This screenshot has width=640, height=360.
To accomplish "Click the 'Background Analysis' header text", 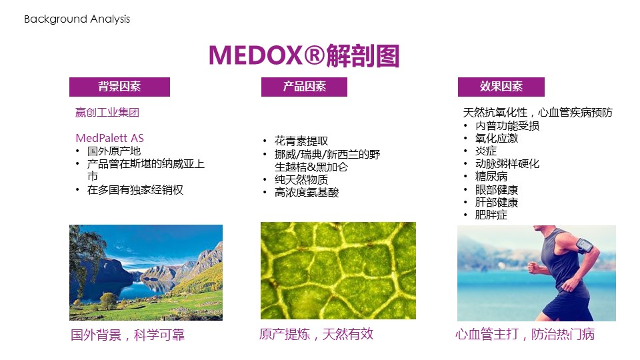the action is coord(77,19).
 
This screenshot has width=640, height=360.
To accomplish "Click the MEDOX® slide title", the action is coord(304,55).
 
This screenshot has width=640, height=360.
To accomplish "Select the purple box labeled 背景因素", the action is coord(119,87).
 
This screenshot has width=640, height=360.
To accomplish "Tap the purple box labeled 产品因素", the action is coord(304,87).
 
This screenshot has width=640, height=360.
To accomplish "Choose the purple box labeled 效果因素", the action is coord(501,87).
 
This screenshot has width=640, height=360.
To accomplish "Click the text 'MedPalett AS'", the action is coord(110,138).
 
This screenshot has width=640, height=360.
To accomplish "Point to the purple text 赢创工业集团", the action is coord(107,112).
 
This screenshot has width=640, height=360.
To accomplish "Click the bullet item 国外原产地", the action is coord(114,151).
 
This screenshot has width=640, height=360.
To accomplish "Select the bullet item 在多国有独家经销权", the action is coord(135,190).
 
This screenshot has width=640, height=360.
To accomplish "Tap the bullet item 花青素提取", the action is coord(301,141).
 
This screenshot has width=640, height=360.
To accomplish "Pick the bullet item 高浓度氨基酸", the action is coord(307,192).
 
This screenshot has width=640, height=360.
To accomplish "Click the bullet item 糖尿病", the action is coord(491,176).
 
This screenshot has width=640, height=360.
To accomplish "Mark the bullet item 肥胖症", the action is coord(491,215).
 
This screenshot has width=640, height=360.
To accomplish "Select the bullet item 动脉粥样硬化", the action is coord(507,164).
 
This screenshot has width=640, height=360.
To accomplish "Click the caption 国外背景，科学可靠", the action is coord(128,335).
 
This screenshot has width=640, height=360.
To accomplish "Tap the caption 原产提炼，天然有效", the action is coord(316,334).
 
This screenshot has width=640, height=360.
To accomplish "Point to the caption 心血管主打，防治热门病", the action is coord(525,334).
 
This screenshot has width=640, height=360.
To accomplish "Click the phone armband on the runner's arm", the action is coord(584,246).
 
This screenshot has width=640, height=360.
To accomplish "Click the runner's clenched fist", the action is coord(533,268).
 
